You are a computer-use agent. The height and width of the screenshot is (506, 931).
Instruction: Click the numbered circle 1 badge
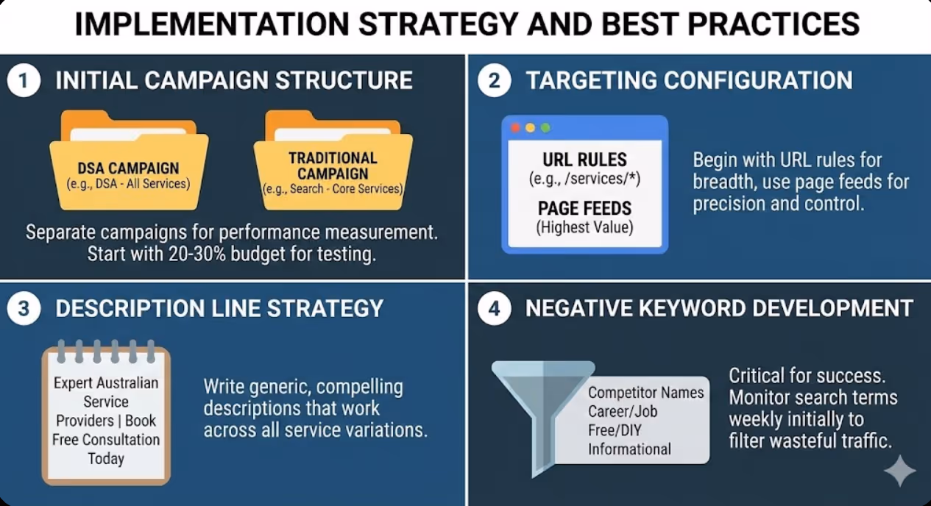[x=24, y=80]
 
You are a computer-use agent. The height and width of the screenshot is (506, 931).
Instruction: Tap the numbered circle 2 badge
[x=494, y=80]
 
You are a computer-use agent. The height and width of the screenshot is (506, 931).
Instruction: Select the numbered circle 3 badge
[x=24, y=308]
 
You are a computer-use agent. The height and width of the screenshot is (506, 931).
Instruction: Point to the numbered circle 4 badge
[x=494, y=308]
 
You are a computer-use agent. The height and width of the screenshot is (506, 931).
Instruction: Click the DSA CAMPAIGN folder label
[x=129, y=168]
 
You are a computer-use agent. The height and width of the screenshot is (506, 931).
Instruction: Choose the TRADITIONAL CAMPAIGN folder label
[x=333, y=165]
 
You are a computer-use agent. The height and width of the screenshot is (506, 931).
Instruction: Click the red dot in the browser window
[x=515, y=128]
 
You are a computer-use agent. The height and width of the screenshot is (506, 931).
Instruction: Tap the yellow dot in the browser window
[x=531, y=128]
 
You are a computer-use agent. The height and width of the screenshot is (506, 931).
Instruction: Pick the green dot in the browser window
[x=545, y=128]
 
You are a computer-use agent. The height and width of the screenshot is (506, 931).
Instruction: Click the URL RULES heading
[x=585, y=160]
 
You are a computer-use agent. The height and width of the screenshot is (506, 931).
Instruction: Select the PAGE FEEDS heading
[x=585, y=209]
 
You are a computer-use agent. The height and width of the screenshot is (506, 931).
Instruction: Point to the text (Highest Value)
[x=585, y=228]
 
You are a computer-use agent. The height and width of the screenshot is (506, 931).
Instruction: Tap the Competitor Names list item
[x=646, y=393]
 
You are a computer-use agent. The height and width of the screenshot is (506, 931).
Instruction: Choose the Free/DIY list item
[x=615, y=430]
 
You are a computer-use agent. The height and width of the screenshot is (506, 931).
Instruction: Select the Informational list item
[x=629, y=449]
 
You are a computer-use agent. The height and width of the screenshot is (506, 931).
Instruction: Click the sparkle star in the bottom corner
[x=900, y=471]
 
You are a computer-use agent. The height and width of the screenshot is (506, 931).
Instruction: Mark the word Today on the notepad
[x=106, y=459]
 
